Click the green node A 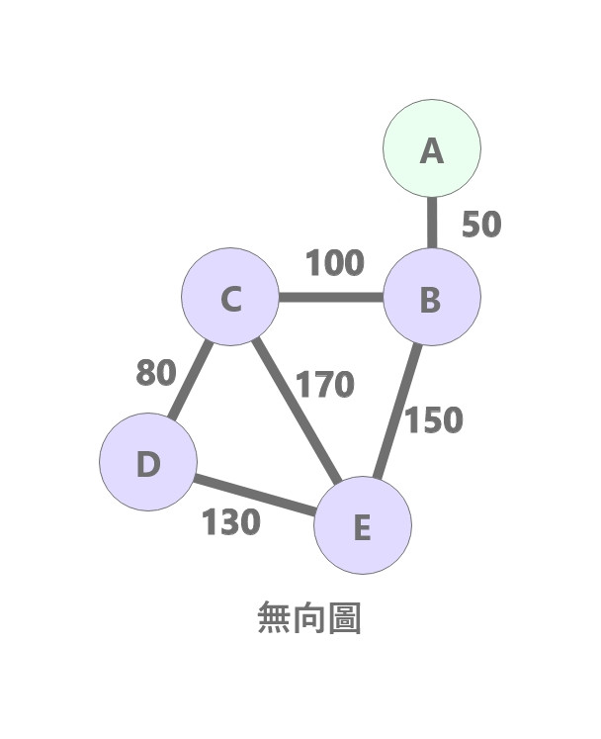pyautogui.click(x=432, y=148)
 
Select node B pyautogui.click(x=431, y=297)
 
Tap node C pyautogui.click(x=230, y=297)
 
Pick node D pyautogui.click(x=148, y=462)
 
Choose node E pyautogui.click(x=362, y=525)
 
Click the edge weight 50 pyautogui.click(x=481, y=225)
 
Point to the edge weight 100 pyautogui.click(x=334, y=264)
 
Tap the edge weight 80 pyautogui.click(x=155, y=373)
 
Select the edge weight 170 pyautogui.click(x=325, y=383)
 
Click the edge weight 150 pyautogui.click(x=434, y=420)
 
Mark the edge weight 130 pyautogui.click(x=231, y=521)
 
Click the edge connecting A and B pyautogui.click(x=431, y=223)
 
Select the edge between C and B pyautogui.click(x=330, y=297)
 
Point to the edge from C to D pyautogui.click(x=191, y=380)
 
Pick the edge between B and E pyautogui.click(x=398, y=411)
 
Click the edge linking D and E pyautogui.click(x=255, y=495)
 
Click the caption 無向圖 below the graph pyautogui.click(x=309, y=618)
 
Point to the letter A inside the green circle pyautogui.click(x=432, y=150)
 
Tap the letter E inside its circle pyautogui.click(x=362, y=527)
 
